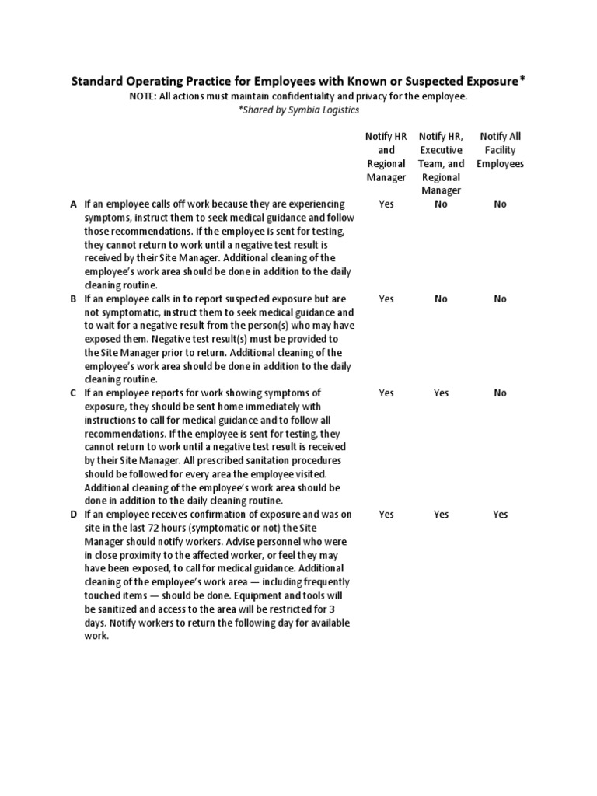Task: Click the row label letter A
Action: (x=74, y=204)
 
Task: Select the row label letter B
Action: (x=74, y=298)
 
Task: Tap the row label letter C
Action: (x=74, y=393)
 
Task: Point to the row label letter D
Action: (x=74, y=514)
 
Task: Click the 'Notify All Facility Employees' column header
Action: (x=500, y=150)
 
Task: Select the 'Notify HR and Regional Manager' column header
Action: (x=386, y=157)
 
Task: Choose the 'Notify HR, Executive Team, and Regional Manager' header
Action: (x=442, y=163)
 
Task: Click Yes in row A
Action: (x=386, y=204)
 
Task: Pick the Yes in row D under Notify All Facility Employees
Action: (x=500, y=514)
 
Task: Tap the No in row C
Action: (x=500, y=393)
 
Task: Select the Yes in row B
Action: (x=386, y=298)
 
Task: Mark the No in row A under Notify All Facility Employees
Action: (x=500, y=204)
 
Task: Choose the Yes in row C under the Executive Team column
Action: (x=442, y=393)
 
